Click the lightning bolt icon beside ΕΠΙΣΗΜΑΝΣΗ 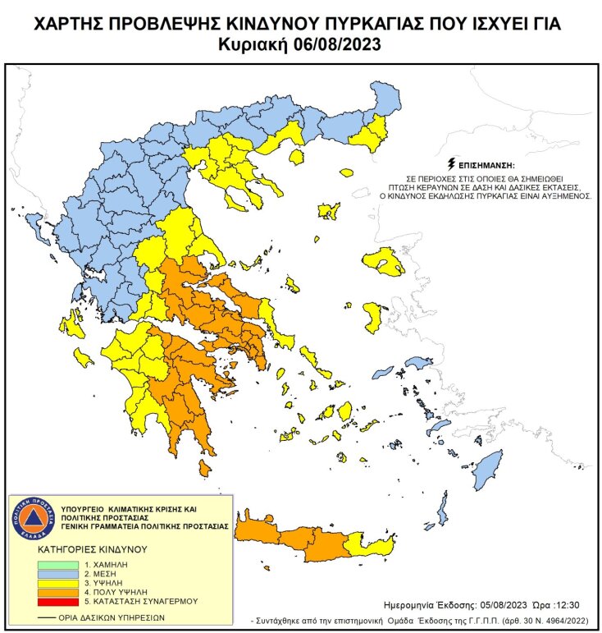click(450, 163)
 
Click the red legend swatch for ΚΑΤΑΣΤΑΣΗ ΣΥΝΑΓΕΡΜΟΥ click(57, 601)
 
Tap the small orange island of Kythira click(205, 469)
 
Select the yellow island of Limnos click(330, 211)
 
